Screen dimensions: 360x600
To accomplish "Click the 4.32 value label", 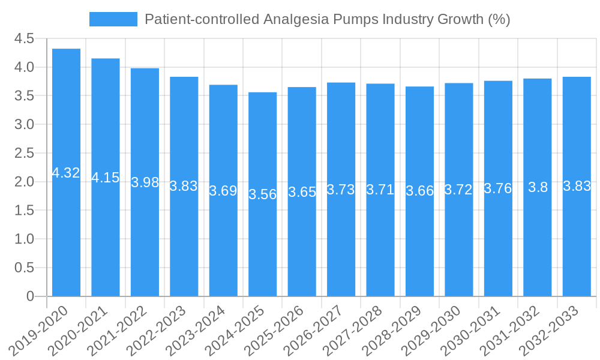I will [x=66, y=173].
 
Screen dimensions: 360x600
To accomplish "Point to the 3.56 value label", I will [x=263, y=194].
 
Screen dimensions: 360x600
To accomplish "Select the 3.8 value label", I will [x=538, y=187].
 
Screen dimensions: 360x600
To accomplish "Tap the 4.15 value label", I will [x=106, y=178].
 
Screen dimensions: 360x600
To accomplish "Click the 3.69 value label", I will [x=223, y=191].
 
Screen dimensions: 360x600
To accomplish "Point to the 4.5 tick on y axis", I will [x=24, y=39].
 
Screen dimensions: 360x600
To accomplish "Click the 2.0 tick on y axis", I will [x=24, y=182].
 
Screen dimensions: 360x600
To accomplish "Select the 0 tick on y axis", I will [x=30, y=296].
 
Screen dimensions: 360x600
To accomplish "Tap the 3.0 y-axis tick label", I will [x=24, y=125].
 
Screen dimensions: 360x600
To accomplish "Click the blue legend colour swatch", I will [x=113, y=19].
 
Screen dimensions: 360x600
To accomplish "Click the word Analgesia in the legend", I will [x=295, y=19].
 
